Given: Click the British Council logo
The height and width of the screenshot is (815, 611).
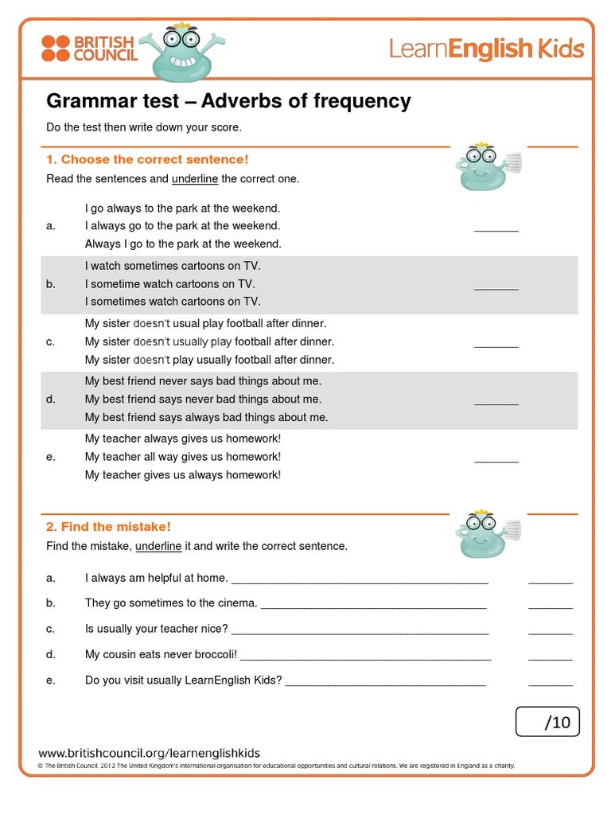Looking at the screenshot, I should pyautogui.click(x=89, y=49).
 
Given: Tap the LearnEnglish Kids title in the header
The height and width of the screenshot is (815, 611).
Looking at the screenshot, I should pyautogui.click(x=486, y=49).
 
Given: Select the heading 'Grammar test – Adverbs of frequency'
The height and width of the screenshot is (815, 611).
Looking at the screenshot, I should pyautogui.click(x=228, y=101).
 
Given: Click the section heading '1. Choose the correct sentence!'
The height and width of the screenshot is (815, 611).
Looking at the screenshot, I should pyautogui.click(x=147, y=159).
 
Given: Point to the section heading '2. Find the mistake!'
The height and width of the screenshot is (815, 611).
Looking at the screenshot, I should pyautogui.click(x=108, y=527).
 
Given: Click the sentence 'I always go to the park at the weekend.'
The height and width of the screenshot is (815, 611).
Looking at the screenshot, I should pyautogui.click(x=182, y=226).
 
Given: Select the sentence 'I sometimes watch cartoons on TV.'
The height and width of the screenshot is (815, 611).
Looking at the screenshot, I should pyautogui.click(x=173, y=302).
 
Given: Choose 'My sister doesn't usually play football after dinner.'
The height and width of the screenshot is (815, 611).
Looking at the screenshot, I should pyautogui.click(x=209, y=341).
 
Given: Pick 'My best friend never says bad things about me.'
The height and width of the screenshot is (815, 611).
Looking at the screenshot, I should pyautogui.click(x=203, y=381).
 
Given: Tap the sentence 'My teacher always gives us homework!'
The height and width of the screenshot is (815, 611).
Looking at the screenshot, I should pyautogui.click(x=183, y=439).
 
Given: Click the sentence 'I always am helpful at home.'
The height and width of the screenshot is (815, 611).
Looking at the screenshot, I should pyautogui.click(x=156, y=578).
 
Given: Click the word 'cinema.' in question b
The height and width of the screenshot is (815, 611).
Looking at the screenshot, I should pyautogui.click(x=239, y=603).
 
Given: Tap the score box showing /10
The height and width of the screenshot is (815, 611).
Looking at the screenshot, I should pyautogui.click(x=548, y=722).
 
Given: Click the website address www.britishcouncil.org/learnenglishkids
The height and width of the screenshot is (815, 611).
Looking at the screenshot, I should pyautogui.click(x=149, y=753).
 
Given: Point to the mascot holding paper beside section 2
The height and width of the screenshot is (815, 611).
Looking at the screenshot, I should pyautogui.click(x=485, y=534).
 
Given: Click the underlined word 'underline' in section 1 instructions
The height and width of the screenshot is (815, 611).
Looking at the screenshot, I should pyautogui.click(x=194, y=179).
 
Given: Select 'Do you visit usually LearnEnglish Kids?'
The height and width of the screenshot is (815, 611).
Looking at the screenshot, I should pyautogui.click(x=184, y=680).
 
